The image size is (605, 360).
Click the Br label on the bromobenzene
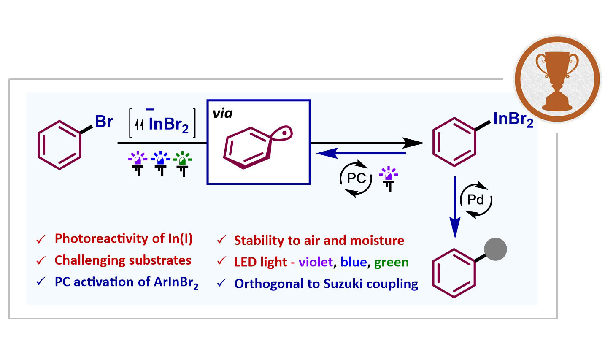tap(104, 122)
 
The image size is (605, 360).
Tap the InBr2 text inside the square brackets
tap(168, 125)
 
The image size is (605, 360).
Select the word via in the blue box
tap(223, 113)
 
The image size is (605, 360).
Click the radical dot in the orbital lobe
tap(284, 133)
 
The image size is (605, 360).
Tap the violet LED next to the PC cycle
tap(389, 179)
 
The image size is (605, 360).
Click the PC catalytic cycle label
tap(356, 179)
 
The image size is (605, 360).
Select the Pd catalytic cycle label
tap(475, 200)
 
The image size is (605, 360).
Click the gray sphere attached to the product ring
tap(495, 249)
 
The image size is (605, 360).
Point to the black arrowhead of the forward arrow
tap(413, 143)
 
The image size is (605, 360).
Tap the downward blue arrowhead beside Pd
tap(455, 227)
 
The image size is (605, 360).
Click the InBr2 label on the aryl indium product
tap(513, 119)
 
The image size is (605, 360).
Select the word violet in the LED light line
tap(316, 262)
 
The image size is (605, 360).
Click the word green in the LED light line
tap(392, 263)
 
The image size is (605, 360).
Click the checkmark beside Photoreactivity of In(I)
tap(41, 239)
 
